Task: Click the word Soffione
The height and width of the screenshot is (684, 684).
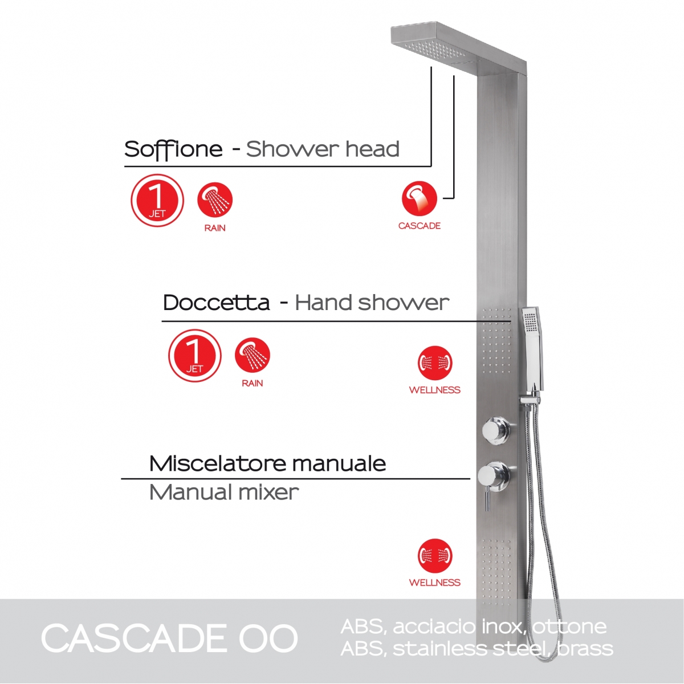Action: pyautogui.click(x=173, y=149)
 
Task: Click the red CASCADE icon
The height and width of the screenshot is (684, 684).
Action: pyautogui.click(x=420, y=199)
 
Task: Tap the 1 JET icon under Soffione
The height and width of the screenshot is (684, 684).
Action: pyautogui.click(x=157, y=201)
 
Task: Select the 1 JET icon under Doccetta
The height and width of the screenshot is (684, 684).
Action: pyautogui.click(x=194, y=356)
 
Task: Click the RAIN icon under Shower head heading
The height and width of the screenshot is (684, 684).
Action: pyautogui.click(x=215, y=201)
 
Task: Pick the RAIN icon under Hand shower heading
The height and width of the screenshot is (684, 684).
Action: pyautogui.click(x=253, y=356)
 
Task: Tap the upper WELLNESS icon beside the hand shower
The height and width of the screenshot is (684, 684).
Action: pyautogui.click(x=435, y=363)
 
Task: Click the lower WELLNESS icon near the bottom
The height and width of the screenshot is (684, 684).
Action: pyautogui.click(x=435, y=556)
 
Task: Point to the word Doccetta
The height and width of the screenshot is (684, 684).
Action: pyautogui.click(x=216, y=303)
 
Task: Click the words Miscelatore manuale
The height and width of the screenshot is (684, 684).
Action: pyautogui.click(x=267, y=463)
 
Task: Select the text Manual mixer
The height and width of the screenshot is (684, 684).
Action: pyautogui.click(x=223, y=492)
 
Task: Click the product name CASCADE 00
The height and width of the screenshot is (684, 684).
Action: pyautogui.click(x=169, y=638)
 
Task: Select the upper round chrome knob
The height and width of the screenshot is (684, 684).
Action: pyautogui.click(x=495, y=430)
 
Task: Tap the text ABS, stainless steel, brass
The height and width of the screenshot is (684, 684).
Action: pyautogui.click(x=477, y=649)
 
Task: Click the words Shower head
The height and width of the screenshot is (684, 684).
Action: pyautogui.click(x=323, y=149)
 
